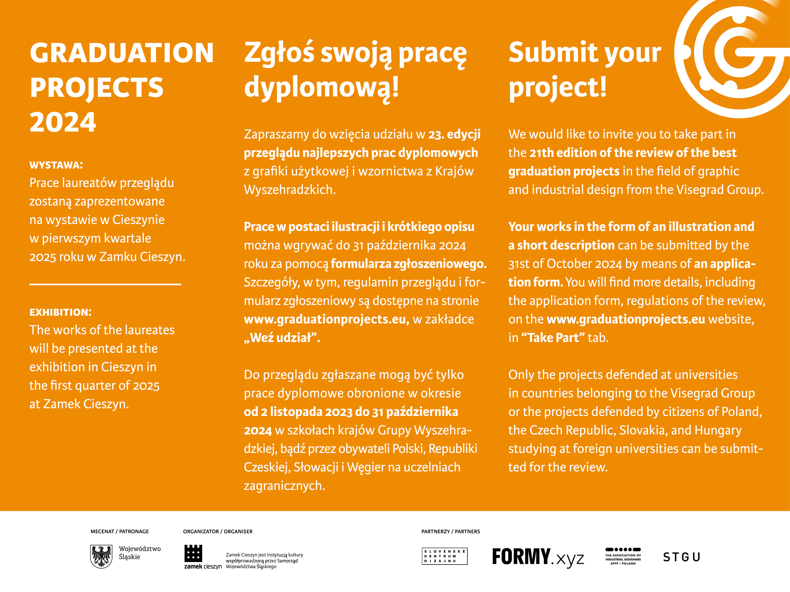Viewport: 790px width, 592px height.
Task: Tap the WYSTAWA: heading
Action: pos(56,165)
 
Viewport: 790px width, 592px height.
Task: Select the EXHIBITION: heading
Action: pos(60,312)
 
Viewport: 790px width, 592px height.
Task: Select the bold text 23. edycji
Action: pos(454,134)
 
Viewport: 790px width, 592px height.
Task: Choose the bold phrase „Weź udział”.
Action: pos(282,338)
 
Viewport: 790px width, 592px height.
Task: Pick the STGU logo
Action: pos(682,557)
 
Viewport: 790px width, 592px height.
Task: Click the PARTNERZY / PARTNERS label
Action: pos(451,531)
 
